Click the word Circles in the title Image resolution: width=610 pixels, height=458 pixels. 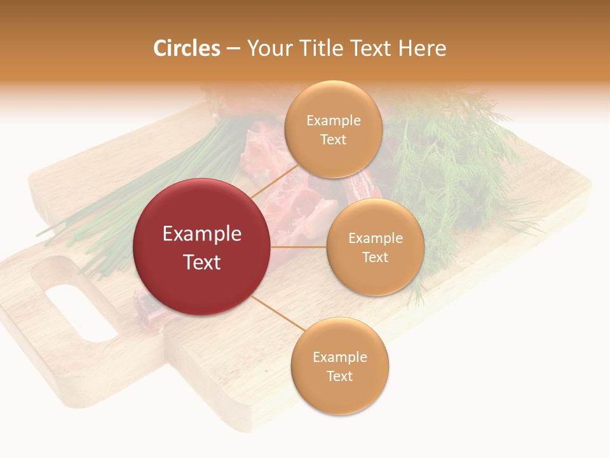click(x=187, y=48)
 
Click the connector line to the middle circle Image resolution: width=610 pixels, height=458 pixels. click(x=299, y=247)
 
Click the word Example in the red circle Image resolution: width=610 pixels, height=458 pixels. click(x=201, y=234)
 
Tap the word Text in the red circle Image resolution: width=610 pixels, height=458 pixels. click(x=201, y=262)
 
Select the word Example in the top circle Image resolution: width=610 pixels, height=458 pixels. click(x=333, y=121)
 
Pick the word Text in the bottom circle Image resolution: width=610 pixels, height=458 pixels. click(x=339, y=376)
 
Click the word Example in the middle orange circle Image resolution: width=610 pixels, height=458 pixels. click(x=375, y=239)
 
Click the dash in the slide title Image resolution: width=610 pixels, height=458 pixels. click(x=233, y=48)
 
